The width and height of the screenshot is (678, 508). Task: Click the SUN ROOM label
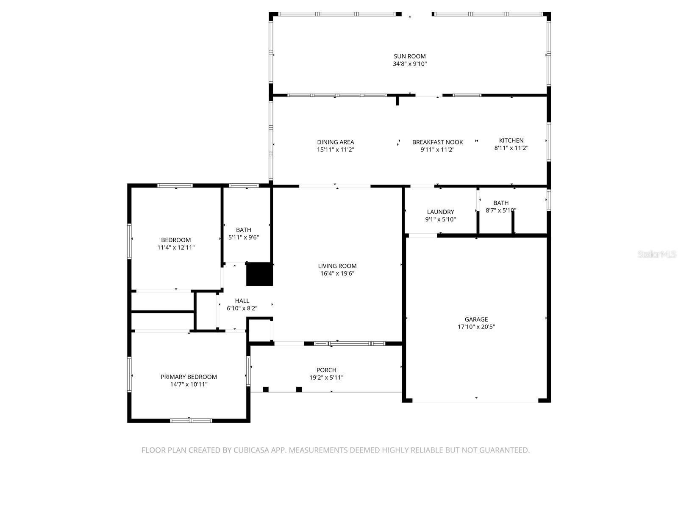[x=409, y=56]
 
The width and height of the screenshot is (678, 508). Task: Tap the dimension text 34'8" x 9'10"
[x=409, y=64]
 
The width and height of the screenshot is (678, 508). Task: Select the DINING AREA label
[x=335, y=142]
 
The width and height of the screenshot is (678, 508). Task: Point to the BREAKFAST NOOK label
[x=437, y=142]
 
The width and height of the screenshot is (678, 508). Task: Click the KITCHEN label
[x=511, y=141]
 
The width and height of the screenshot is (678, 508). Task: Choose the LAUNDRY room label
[x=440, y=212]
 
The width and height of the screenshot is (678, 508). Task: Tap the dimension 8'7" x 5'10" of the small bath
[x=500, y=210]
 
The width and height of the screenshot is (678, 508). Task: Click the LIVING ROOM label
[x=337, y=266]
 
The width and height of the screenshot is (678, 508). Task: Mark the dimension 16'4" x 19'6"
[x=337, y=273]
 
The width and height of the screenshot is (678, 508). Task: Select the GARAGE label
[x=476, y=320]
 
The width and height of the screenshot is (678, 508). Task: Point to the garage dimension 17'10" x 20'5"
[x=476, y=327]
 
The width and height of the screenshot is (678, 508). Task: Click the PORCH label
[x=326, y=370]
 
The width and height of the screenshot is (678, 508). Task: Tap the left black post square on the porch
[x=266, y=389]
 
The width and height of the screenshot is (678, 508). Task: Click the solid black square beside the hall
[x=259, y=274]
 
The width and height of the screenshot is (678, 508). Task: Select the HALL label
[x=242, y=301]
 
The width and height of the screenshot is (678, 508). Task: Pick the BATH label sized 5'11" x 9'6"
[x=243, y=230]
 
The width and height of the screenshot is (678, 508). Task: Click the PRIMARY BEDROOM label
[x=189, y=377]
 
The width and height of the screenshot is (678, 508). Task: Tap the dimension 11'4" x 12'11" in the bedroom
[x=176, y=248]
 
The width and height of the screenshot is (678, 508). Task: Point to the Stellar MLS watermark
[x=656, y=254]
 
